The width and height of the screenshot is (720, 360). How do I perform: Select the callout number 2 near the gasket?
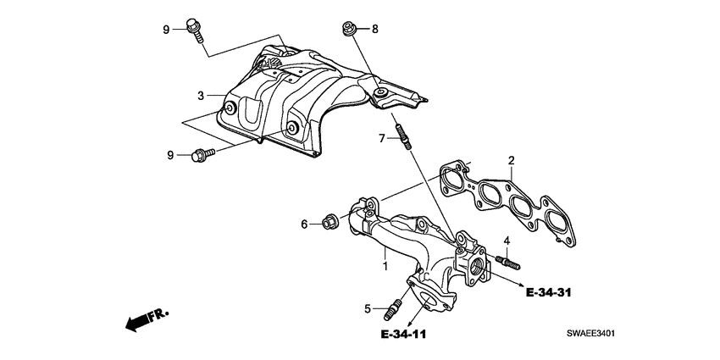pyautogui.click(x=512, y=161)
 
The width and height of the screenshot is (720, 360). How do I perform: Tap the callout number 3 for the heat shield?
pyautogui.click(x=201, y=95)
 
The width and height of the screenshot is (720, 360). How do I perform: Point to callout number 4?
pyautogui.click(x=507, y=241)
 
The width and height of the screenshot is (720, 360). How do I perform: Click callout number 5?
pyautogui.click(x=368, y=309)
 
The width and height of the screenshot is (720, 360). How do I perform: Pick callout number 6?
pyautogui.click(x=304, y=224)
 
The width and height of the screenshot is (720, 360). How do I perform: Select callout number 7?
pyautogui.click(x=382, y=137)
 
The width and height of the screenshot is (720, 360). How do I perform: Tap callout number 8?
pyautogui.click(x=374, y=30)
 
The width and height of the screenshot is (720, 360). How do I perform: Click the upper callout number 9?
pyautogui.click(x=167, y=30)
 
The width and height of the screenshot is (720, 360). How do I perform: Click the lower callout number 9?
pyautogui.click(x=170, y=155)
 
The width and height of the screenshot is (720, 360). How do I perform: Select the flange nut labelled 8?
pyautogui.click(x=349, y=29)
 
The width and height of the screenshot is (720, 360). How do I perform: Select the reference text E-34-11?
pyautogui.click(x=397, y=335)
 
